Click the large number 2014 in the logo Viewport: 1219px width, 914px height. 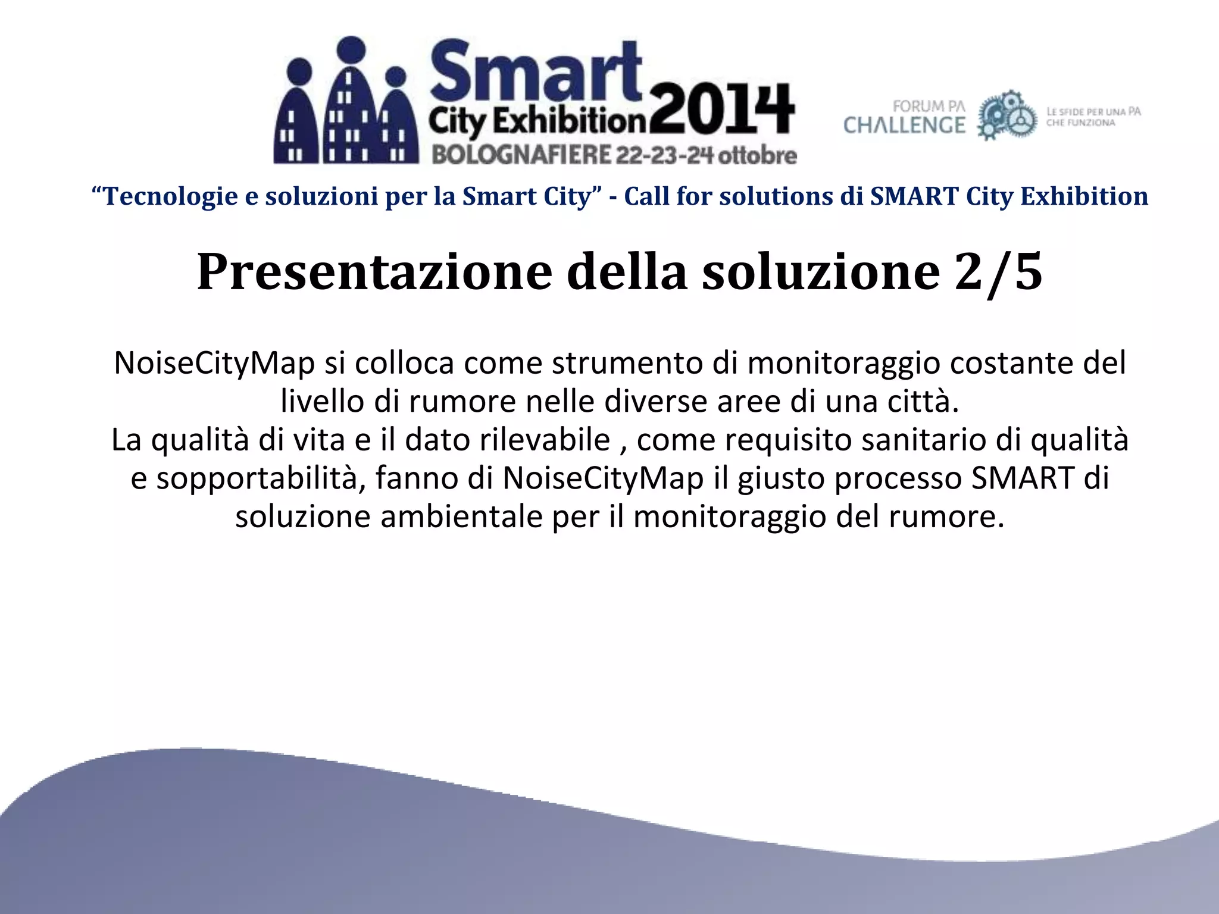point(722,111)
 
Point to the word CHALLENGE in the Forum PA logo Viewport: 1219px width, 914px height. point(904,125)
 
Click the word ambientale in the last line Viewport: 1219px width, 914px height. point(461,516)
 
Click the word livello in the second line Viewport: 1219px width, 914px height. point(322,402)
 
